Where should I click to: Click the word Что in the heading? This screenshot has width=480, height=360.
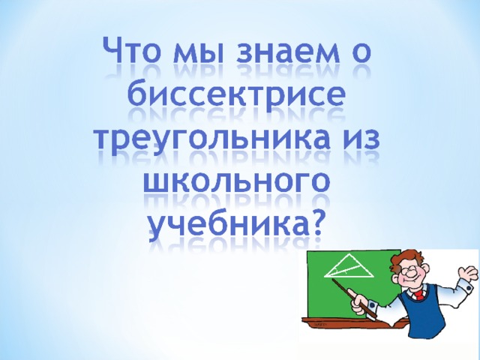133,50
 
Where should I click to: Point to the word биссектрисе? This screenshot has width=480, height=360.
237,94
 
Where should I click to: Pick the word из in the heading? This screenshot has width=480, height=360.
361,140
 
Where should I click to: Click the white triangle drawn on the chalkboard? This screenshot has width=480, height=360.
349,265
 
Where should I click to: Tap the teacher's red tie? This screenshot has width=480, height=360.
418,295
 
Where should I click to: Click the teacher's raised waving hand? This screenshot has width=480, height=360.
468,273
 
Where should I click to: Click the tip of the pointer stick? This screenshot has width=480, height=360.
332,279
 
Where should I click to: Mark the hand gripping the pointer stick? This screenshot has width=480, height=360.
358,302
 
